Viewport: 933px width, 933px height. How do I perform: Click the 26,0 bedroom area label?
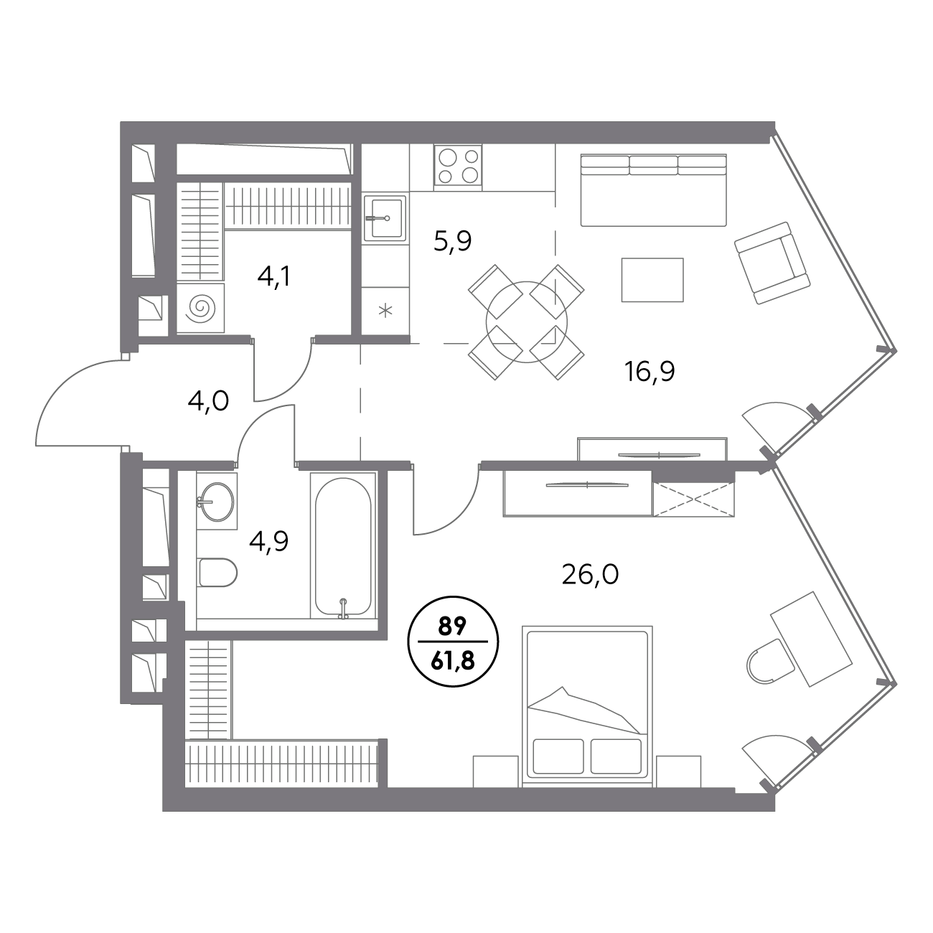click(x=590, y=576)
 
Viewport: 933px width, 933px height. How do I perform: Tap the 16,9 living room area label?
click(x=650, y=372)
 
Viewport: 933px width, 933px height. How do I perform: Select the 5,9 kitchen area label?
click(x=453, y=241)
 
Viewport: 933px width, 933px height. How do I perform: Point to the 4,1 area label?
click(x=274, y=278)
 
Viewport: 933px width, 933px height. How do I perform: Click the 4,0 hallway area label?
click(x=208, y=401)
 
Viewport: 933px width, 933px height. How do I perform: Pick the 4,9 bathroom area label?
click(x=268, y=541)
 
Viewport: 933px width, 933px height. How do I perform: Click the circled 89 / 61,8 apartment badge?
click(x=453, y=642)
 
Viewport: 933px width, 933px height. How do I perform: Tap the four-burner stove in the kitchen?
click(x=458, y=164)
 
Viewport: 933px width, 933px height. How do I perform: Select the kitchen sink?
click(x=385, y=218)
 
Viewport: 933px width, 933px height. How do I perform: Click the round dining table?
click(x=526, y=322)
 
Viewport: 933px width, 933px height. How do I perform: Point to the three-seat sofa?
click(x=654, y=190)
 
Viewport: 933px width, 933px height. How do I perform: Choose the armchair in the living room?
click(x=772, y=263)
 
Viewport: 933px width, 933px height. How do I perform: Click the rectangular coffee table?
click(x=652, y=280)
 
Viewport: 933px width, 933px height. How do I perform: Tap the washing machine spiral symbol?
click(x=200, y=307)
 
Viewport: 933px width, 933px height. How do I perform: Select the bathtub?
click(x=343, y=545)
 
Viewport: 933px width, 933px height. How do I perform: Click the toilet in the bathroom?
click(x=217, y=573)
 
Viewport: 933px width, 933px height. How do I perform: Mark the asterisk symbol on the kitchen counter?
click(x=385, y=310)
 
